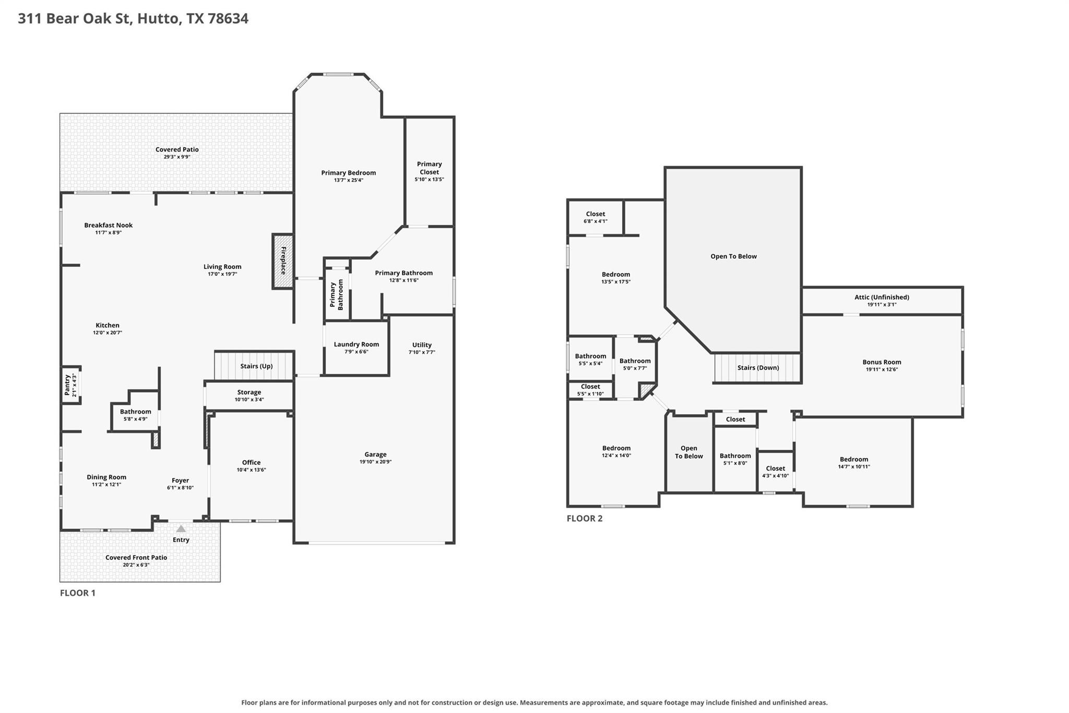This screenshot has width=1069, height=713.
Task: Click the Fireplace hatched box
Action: pos(282,261)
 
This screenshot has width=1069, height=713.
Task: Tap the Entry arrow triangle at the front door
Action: pos(181,529)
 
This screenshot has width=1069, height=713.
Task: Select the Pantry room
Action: pos(72,385)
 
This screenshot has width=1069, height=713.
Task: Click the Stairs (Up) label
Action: pos(256,366)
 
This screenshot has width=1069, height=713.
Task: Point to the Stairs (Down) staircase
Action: pos(757,368)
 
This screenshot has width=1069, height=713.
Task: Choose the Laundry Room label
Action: pos(357,344)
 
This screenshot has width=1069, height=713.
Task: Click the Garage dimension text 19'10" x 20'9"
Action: pos(375,462)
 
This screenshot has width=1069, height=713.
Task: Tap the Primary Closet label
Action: pos(430,168)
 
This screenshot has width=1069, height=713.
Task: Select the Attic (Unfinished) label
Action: pos(882,297)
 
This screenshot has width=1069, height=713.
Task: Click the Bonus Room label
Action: pos(882,362)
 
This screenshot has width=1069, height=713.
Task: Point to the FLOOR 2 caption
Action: pos(585,518)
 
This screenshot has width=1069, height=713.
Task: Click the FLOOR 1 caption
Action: pos(78,593)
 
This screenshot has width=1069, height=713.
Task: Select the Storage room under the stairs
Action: pos(249,395)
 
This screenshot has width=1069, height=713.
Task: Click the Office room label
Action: pos(251,462)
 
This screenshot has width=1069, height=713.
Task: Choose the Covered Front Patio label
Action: pos(136,557)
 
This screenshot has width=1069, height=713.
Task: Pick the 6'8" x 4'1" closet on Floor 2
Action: pos(595,217)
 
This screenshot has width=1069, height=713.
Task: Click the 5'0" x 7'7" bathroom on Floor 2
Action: pos(635,368)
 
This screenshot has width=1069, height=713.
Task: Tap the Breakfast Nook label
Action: pos(109,225)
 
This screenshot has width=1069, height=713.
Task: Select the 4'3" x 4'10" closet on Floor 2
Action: pos(775,472)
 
